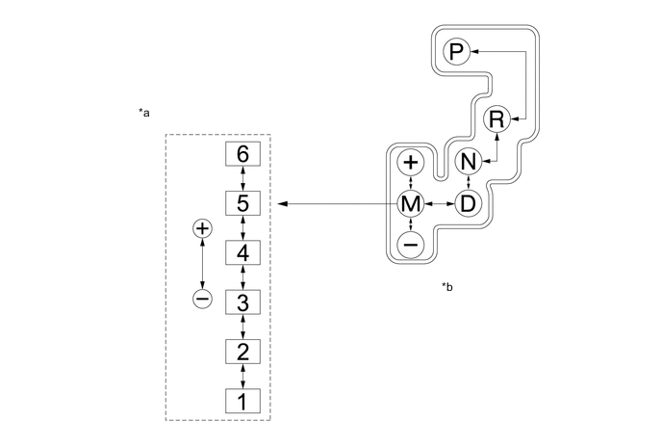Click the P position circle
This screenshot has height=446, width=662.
tap(456, 52)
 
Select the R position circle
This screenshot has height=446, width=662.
tap(496, 119)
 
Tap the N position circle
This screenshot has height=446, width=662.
tap(468, 161)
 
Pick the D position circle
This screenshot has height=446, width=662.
tap(468, 203)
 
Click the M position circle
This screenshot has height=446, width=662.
tap(411, 203)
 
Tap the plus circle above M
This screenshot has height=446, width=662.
tap(411, 162)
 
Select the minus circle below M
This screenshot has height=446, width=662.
tap(411, 245)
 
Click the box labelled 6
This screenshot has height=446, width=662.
tap(242, 154)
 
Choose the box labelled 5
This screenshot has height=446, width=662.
tap(242, 203)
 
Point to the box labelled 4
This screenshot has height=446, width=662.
tap(242, 252)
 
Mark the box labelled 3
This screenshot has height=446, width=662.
tap(242, 302)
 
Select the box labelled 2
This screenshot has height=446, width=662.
tap(242, 350)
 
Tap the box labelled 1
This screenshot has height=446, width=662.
tap(242, 399)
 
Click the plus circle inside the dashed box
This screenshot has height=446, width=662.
tap(202, 228)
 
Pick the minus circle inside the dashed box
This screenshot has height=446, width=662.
tap(202, 299)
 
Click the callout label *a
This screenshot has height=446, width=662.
tap(144, 114)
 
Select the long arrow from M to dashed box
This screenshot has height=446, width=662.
tap(337, 203)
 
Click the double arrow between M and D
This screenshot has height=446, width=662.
tap(440, 203)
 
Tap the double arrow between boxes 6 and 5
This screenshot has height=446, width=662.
tap(242, 178)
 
